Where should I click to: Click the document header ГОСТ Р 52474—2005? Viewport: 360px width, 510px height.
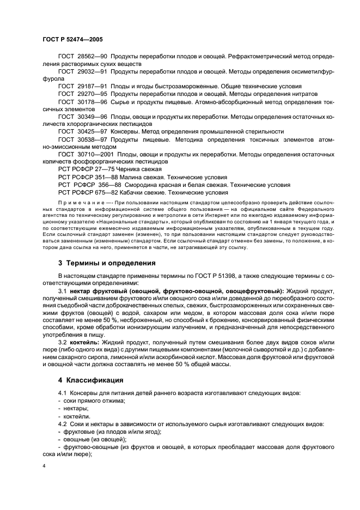[72, 40]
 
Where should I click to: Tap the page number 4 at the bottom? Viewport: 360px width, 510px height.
[45, 466]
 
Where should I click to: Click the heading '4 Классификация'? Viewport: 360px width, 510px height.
[90, 380]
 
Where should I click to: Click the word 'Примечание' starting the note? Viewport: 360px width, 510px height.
[77, 202]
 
